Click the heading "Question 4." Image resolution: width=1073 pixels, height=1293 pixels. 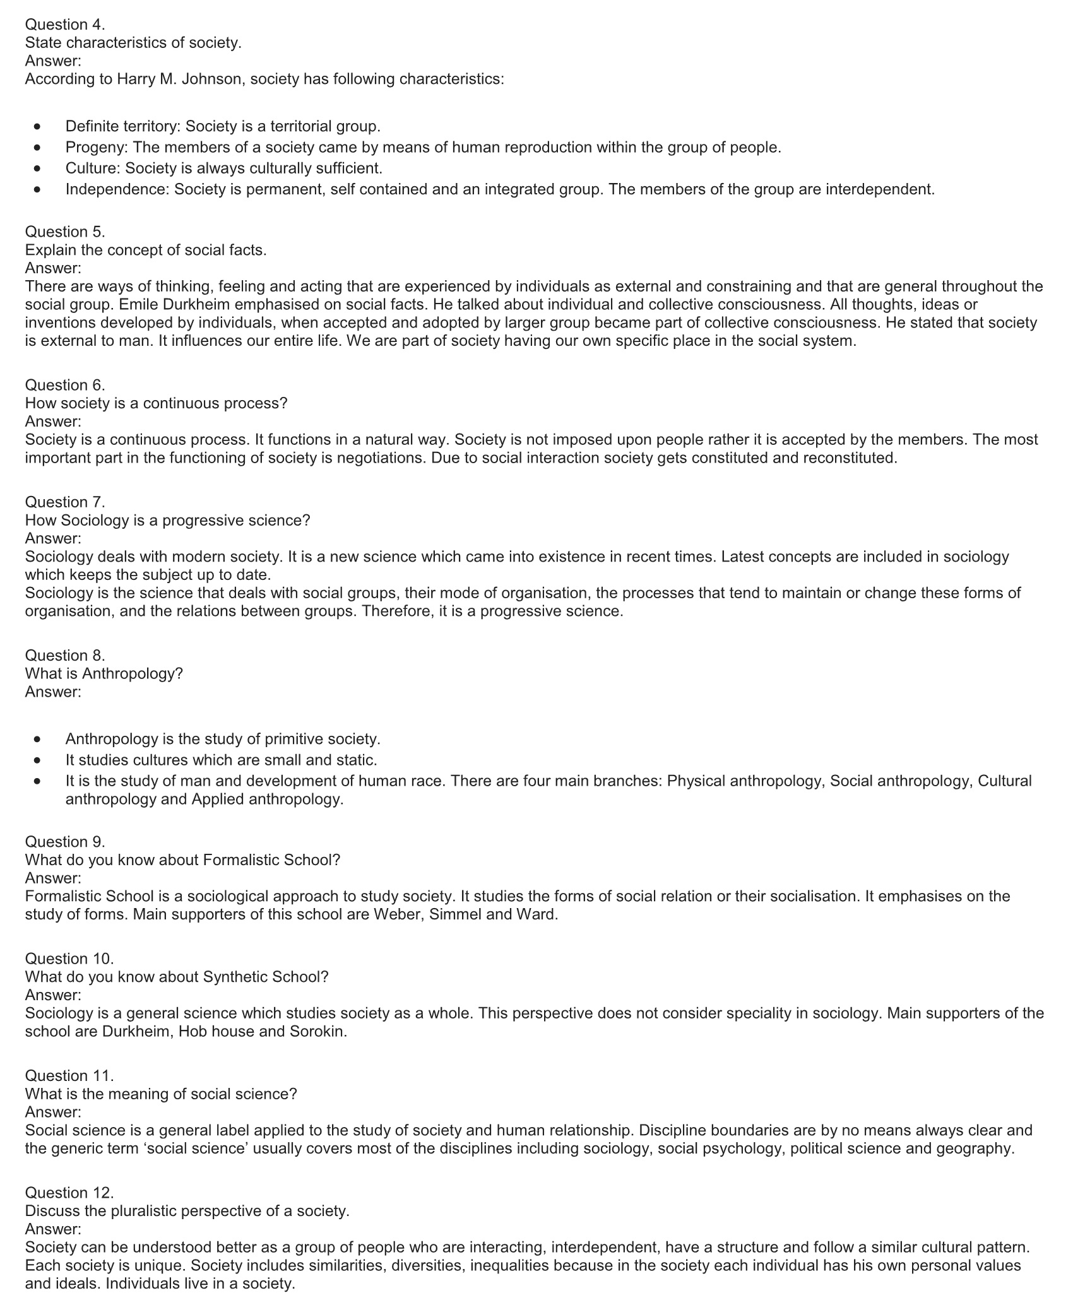point(65,25)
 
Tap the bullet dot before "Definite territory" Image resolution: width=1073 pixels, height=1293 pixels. point(39,127)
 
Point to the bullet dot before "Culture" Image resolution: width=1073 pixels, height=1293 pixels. point(39,168)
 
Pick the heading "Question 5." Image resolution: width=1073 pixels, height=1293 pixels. point(65,232)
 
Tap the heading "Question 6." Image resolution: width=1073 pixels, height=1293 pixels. point(65,385)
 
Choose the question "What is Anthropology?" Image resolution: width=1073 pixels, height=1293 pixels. point(104,673)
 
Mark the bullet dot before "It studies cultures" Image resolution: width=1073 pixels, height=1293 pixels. point(39,760)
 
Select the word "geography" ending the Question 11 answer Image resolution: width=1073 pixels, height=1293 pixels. point(975,1148)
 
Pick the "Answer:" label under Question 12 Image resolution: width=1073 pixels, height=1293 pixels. point(53,1229)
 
